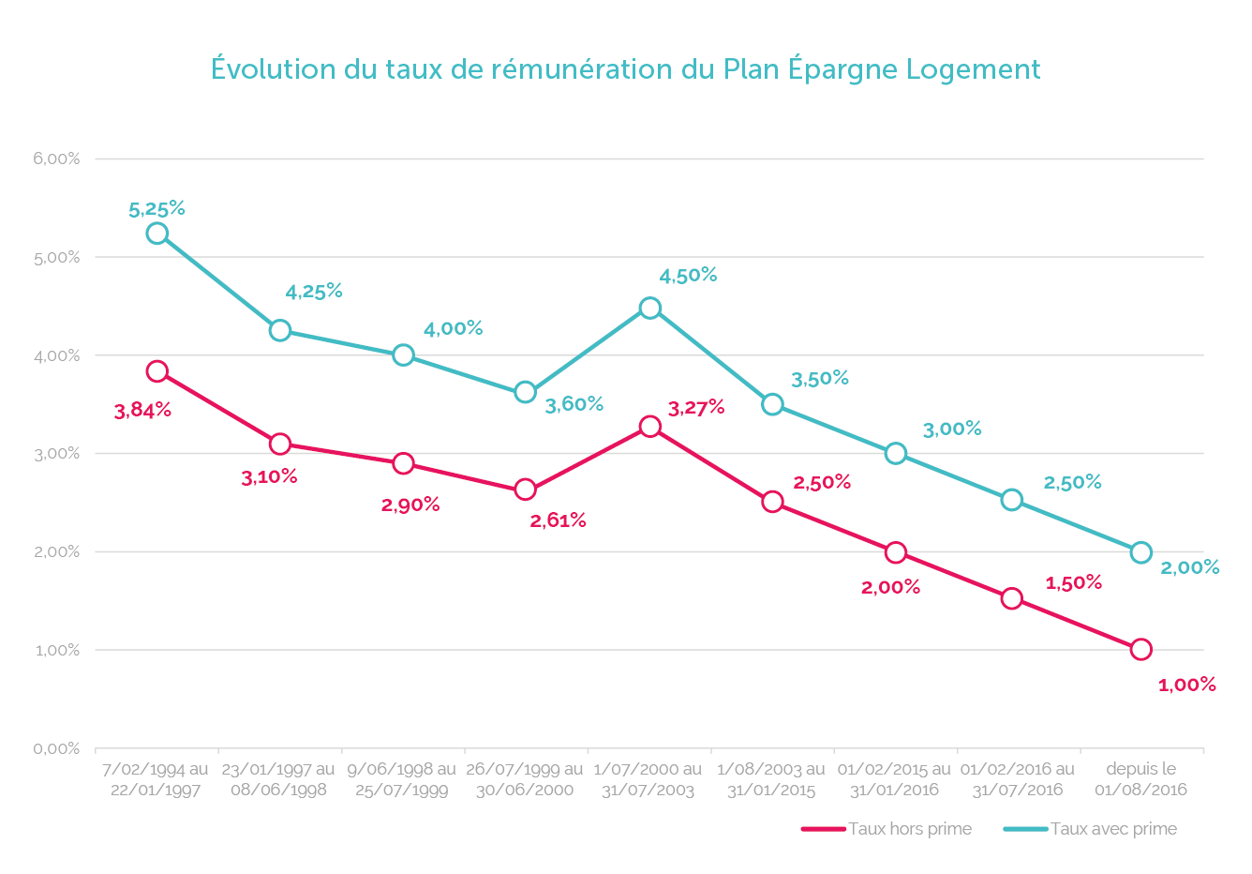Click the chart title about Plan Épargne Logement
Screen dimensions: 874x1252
[625, 69]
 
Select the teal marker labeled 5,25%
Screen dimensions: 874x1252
[157, 234]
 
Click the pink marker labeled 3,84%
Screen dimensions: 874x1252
[157, 371]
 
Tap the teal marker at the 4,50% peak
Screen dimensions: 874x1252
[650, 309]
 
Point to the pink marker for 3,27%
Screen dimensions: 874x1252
[650, 427]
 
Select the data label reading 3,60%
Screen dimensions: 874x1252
[574, 404]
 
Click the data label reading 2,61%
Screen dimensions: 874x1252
[558, 520]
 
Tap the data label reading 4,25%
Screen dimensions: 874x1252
[314, 292]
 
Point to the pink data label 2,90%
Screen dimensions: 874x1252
[410, 505]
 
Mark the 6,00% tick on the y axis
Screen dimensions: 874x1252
[57, 159]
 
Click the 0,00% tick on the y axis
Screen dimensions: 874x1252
[57, 748]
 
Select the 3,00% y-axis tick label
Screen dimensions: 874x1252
[57, 454]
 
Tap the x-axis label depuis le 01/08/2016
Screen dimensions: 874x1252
[1140, 779]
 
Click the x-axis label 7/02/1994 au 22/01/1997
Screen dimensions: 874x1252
[156, 779]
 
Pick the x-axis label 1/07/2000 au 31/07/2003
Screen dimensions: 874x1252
[648, 779]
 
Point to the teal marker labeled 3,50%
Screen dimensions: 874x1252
[772, 404]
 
